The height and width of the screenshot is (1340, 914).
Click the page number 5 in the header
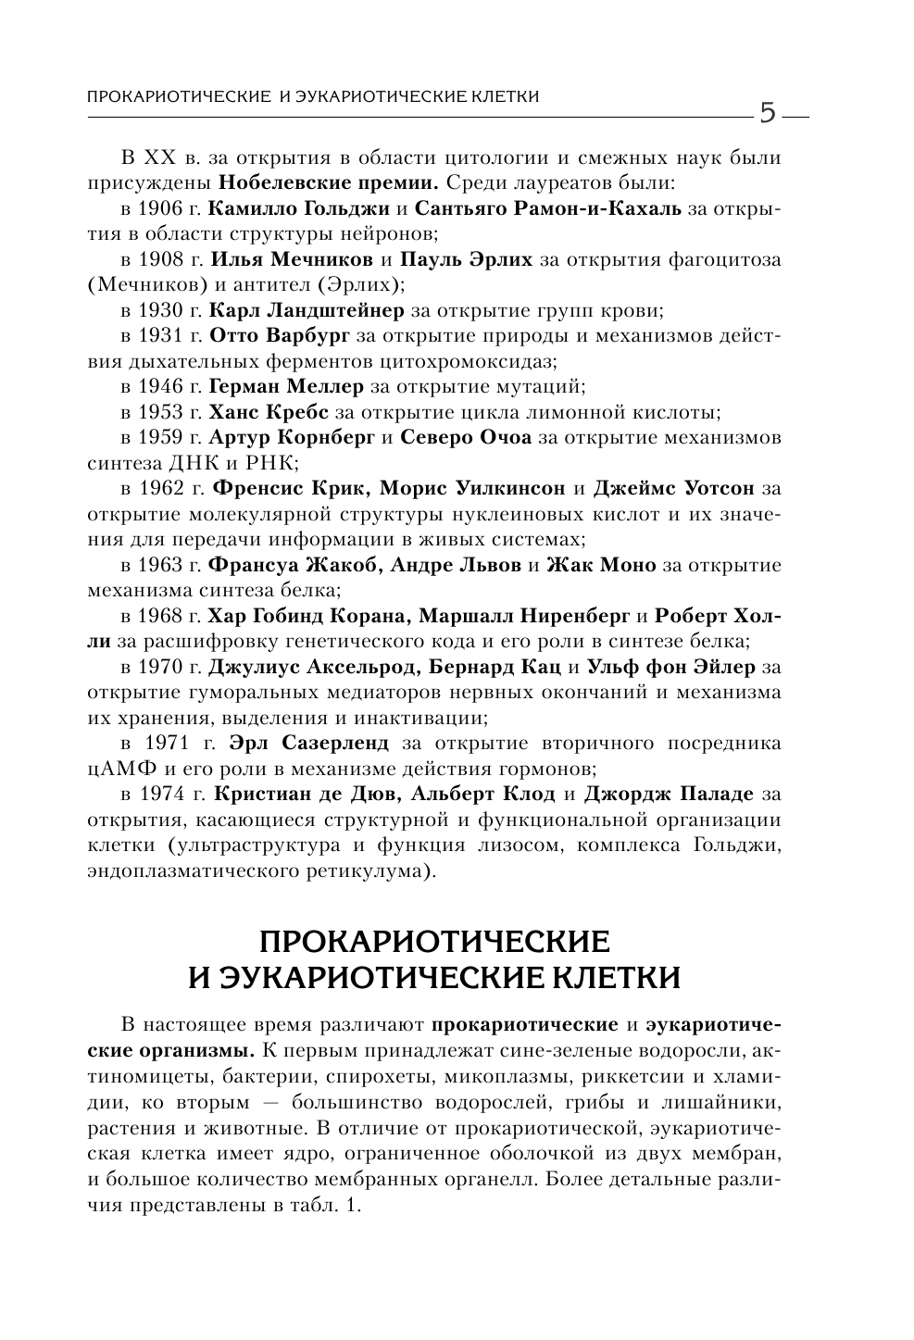click(768, 113)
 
